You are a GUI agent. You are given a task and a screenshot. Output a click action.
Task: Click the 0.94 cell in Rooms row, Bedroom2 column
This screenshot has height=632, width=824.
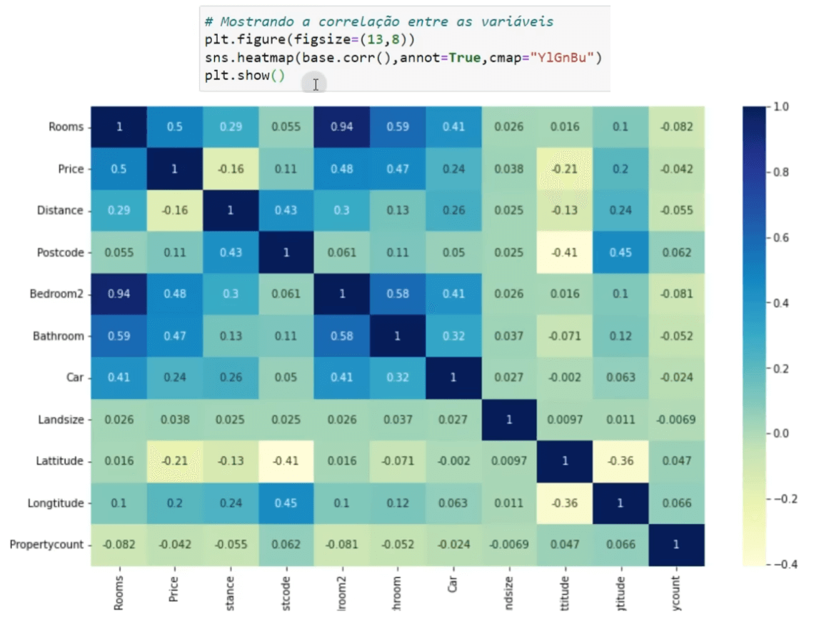[x=341, y=127]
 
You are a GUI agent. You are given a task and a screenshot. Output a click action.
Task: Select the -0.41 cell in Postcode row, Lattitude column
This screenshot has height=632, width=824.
[x=565, y=252]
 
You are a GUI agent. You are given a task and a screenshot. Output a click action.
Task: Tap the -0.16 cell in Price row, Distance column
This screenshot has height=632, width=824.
[x=230, y=169]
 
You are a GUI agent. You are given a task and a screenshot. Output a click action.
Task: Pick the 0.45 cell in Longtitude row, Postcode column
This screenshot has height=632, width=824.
[x=286, y=503]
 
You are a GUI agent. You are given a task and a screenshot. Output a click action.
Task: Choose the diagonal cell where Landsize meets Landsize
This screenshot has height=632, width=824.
[x=509, y=420]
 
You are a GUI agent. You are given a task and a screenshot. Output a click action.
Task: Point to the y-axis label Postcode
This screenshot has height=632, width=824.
[x=59, y=252]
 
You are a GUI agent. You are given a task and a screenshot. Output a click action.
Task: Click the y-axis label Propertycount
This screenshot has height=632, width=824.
[x=46, y=545]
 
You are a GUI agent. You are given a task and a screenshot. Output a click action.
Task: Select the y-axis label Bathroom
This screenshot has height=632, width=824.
[x=59, y=336]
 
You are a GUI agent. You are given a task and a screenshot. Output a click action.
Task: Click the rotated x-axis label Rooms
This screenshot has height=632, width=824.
[x=119, y=593]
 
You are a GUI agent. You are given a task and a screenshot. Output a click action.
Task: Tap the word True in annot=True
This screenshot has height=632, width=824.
[x=464, y=58]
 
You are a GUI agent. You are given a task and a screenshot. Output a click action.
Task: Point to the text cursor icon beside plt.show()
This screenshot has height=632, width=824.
[x=315, y=84]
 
